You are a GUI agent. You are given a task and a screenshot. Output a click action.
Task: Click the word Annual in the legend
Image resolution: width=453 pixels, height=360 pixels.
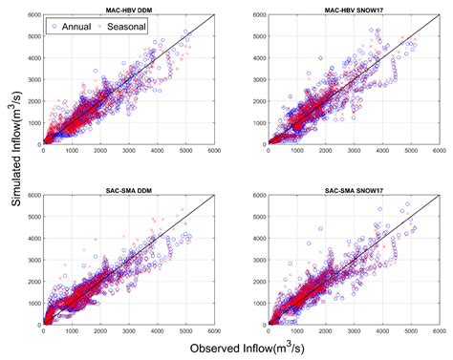[x=76, y=28]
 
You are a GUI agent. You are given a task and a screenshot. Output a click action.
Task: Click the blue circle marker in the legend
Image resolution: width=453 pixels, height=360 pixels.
[x=55, y=28]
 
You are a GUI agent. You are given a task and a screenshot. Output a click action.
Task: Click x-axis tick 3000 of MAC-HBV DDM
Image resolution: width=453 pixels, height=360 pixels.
[x=127, y=151]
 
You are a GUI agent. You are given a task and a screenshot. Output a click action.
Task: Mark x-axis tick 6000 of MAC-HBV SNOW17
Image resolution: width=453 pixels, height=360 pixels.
[x=439, y=151]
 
